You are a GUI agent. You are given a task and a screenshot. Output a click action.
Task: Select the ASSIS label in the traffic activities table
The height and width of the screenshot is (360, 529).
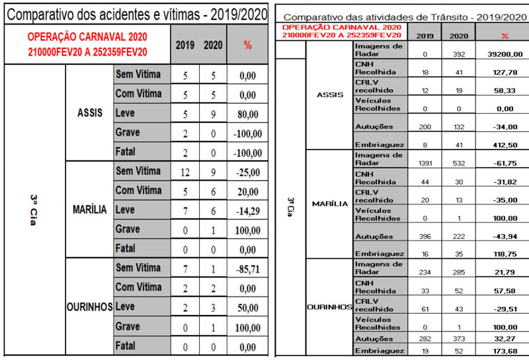coord(330,95)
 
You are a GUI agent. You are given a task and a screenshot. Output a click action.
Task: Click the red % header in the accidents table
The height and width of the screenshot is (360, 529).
coord(248,45)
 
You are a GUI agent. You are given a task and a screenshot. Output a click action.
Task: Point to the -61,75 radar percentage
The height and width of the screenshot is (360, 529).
coord(505,161)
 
